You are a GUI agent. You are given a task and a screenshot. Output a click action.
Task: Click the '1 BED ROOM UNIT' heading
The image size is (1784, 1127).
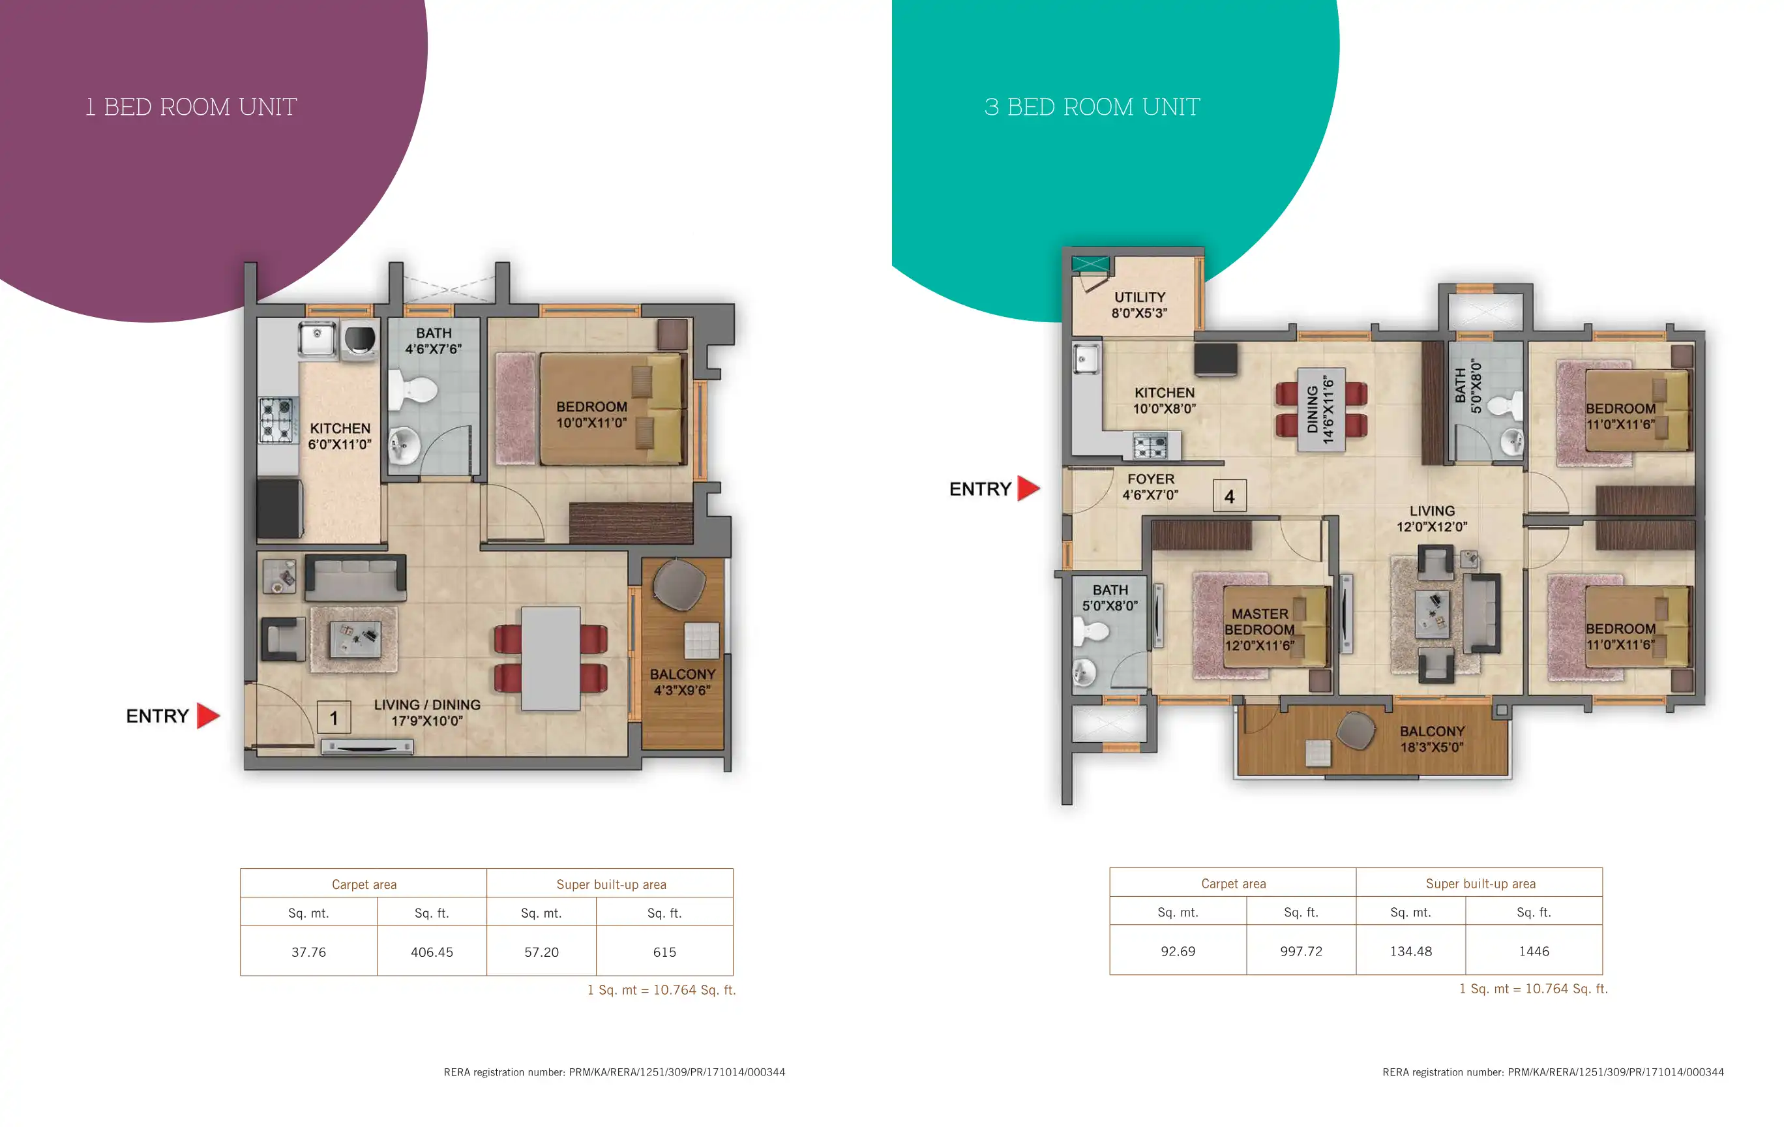coord(191,108)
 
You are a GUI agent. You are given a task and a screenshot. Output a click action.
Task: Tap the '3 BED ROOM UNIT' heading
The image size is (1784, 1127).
coord(1092,108)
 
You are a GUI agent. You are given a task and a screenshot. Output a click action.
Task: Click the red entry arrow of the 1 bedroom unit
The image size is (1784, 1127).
coord(208,715)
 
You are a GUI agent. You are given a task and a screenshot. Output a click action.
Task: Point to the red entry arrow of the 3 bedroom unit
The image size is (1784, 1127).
coord(1028,488)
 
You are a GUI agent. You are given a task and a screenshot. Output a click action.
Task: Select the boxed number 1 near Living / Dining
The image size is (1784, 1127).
coord(334,717)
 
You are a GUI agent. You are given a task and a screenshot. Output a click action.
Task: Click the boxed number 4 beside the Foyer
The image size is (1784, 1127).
coord(1229,496)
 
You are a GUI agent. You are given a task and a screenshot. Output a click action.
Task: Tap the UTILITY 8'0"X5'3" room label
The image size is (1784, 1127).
coord(1139,305)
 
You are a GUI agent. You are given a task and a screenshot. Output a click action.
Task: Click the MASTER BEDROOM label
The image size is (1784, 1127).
coord(1260,622)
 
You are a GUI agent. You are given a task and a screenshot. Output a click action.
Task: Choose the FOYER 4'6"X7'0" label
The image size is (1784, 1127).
coord(1151,487)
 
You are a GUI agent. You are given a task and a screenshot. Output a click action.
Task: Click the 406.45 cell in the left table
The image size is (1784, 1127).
coord(432,952)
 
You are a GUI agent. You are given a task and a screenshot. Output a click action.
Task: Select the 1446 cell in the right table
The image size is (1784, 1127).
coord(1534,952)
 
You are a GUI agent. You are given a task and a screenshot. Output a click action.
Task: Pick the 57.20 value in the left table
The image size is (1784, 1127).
coord(542,952)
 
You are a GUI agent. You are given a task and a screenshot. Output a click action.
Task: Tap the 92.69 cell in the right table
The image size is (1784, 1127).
coord(1178,952)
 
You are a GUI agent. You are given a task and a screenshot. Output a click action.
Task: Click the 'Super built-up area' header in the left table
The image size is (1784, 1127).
coord(611,884)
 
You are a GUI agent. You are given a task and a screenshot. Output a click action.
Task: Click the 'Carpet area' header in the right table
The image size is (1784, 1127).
coord(1234,883)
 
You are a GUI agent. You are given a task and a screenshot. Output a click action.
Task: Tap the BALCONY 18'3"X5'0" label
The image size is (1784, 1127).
coord(1432,739)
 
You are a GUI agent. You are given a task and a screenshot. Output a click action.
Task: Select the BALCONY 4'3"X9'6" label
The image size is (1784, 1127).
coord(682,682)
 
